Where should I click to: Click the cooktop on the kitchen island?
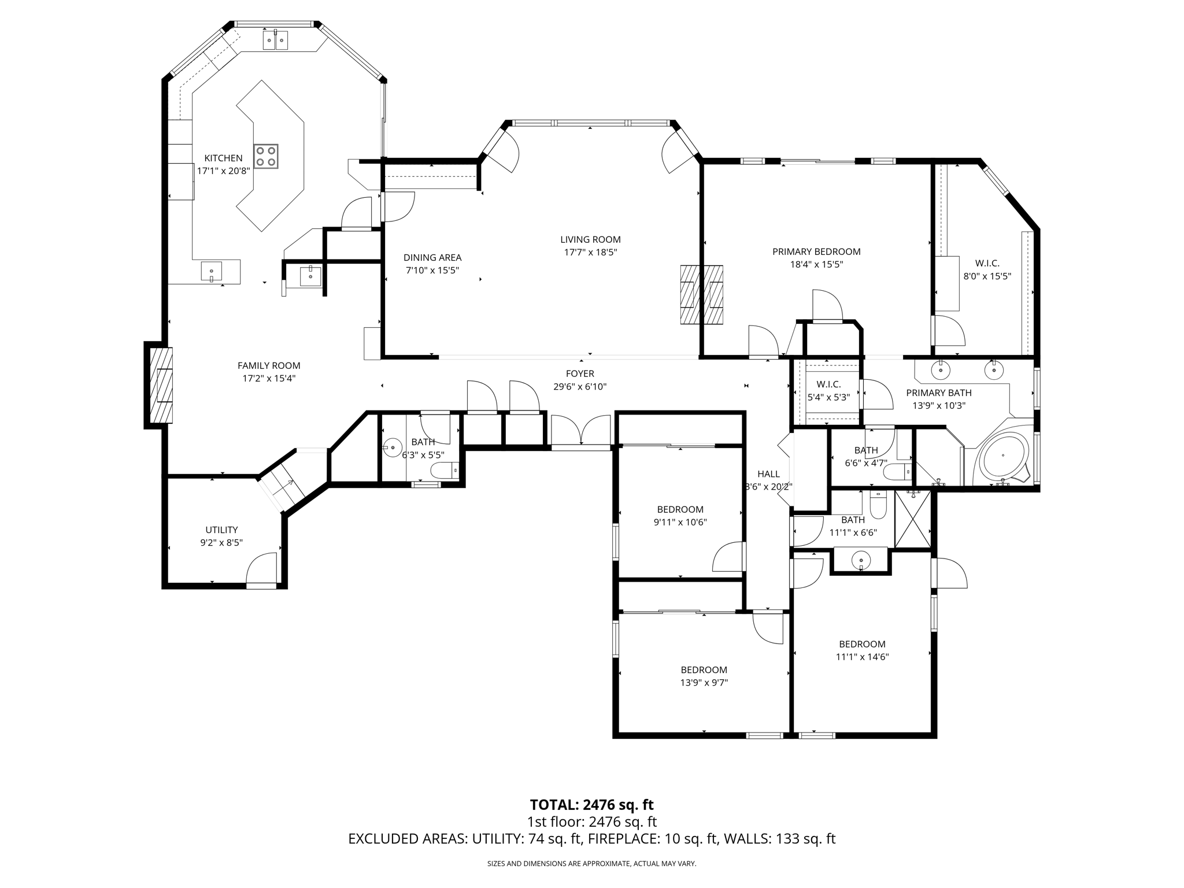(x=266, y=156)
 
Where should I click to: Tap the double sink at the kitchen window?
(x=276, y=40)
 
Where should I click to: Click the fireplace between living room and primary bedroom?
(x=702, y=294)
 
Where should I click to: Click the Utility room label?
(x=221, y=530)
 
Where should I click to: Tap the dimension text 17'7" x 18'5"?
(x=590, y=252)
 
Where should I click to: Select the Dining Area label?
(x=432, y=257)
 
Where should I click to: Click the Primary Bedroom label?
(x=816, y=251)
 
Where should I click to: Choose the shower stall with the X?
(x=913, y=519)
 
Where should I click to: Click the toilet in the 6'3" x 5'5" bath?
(x=446, y=471)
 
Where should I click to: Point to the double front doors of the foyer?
(x=580, y=432)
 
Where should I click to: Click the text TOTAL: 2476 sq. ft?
(x=591, y=805)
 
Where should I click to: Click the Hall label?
(x=768, y=474)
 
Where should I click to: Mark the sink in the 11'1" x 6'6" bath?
(x=861, y=561)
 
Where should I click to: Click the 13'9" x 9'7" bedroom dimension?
(x=704, y=682)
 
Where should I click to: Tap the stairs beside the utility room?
(x=283, y=481)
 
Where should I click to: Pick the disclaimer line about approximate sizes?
(x=591, y=864)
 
